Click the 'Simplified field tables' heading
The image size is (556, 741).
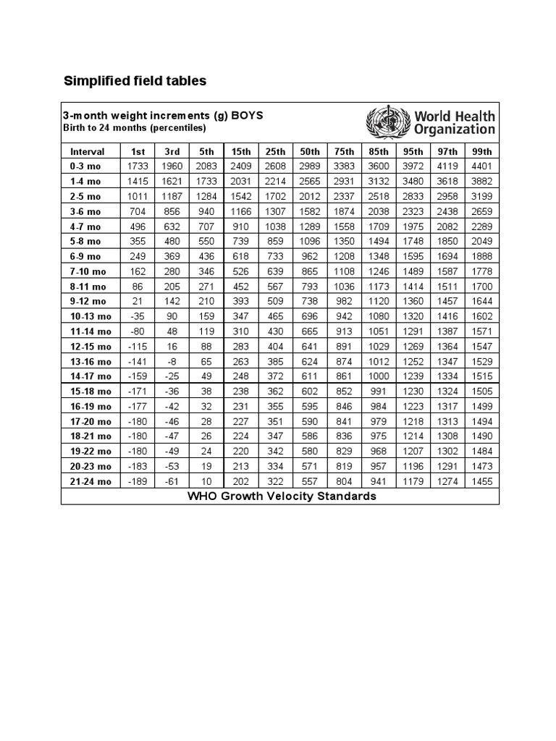(x=135, y=81)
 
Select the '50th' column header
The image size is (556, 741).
(x=310, y=151)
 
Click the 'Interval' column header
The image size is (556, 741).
(x=88, y=151)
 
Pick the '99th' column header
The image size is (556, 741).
(x=481, y=151)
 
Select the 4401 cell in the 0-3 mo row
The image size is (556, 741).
(x=481, y=166)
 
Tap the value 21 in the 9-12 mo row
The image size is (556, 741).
(x=137, y=301)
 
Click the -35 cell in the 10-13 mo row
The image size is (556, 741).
(x=137, y=316)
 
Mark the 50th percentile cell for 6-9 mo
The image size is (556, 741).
(x=310, y=256)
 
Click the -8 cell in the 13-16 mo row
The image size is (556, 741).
(x=172, y=361)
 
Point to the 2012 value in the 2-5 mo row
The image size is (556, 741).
(x=310, y=196)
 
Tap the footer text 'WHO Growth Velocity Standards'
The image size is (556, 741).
(x=282, y=496)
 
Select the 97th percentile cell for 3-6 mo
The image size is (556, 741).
(x=447, y=211)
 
